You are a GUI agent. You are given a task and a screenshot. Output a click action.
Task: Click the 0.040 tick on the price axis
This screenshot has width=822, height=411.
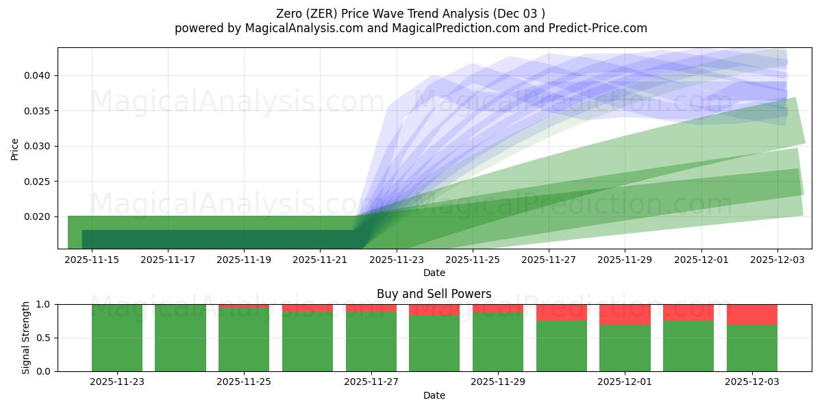click(x=38, y=75)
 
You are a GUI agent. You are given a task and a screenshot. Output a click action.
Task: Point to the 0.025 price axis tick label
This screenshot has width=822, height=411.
click(x=38, y=182)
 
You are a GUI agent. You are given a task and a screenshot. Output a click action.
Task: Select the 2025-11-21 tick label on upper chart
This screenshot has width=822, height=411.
click(x=320, y=260)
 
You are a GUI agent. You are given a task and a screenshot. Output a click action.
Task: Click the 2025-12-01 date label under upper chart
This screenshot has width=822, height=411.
click(x=701, y=260)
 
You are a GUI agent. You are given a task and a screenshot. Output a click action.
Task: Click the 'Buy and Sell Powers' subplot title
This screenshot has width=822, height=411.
click(x=434, y=294)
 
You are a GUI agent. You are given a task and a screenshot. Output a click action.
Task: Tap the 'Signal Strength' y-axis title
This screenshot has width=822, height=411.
click(x=26, y=338)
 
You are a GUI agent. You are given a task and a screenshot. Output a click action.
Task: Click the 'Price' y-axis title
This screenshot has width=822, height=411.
click(x=15, y=148)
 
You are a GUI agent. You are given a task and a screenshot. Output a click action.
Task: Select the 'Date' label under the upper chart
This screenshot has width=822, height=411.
click(x=434, y=273)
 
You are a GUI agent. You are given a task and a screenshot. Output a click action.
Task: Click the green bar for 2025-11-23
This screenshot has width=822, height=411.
click(x=117, y=338)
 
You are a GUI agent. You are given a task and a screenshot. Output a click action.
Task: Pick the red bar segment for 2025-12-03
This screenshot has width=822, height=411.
click(x=751, y=314)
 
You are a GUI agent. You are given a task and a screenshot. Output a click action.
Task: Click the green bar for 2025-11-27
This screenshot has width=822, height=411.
click(x=371, y=342)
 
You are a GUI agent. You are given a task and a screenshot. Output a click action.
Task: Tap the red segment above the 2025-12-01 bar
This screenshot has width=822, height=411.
click(x=625, y=314)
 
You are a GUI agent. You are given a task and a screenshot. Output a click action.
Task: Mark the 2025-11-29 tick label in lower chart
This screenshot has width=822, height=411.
click(x=498, y=382)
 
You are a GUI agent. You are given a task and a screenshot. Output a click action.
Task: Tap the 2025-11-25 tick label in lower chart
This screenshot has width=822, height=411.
click(x=244, y=382)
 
